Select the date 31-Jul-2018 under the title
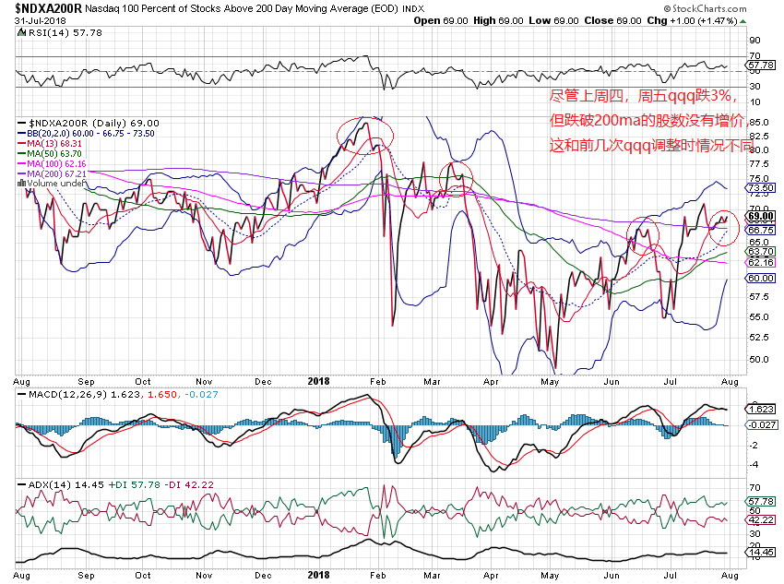pos(32,20)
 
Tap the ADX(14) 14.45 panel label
pos(46,484)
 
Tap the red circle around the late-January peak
pos(365,134)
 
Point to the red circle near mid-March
pos(455,177)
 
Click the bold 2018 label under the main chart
pos(318,380)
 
